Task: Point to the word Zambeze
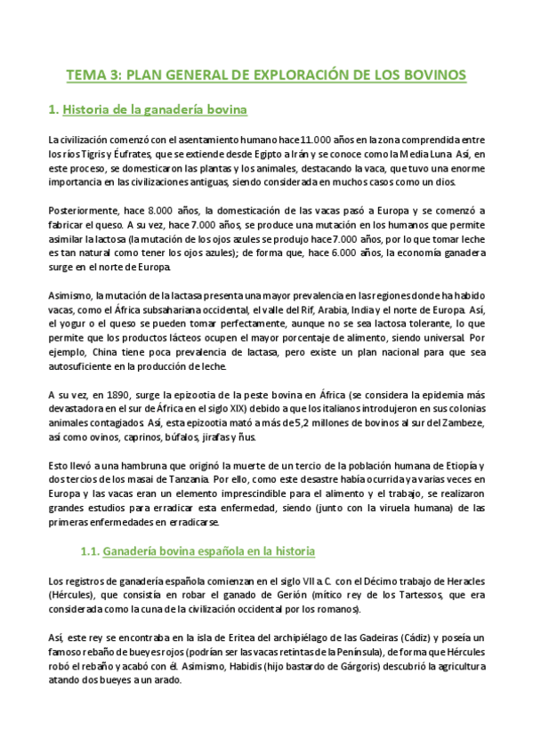click(462, 425)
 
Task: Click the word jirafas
click(229, 439)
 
